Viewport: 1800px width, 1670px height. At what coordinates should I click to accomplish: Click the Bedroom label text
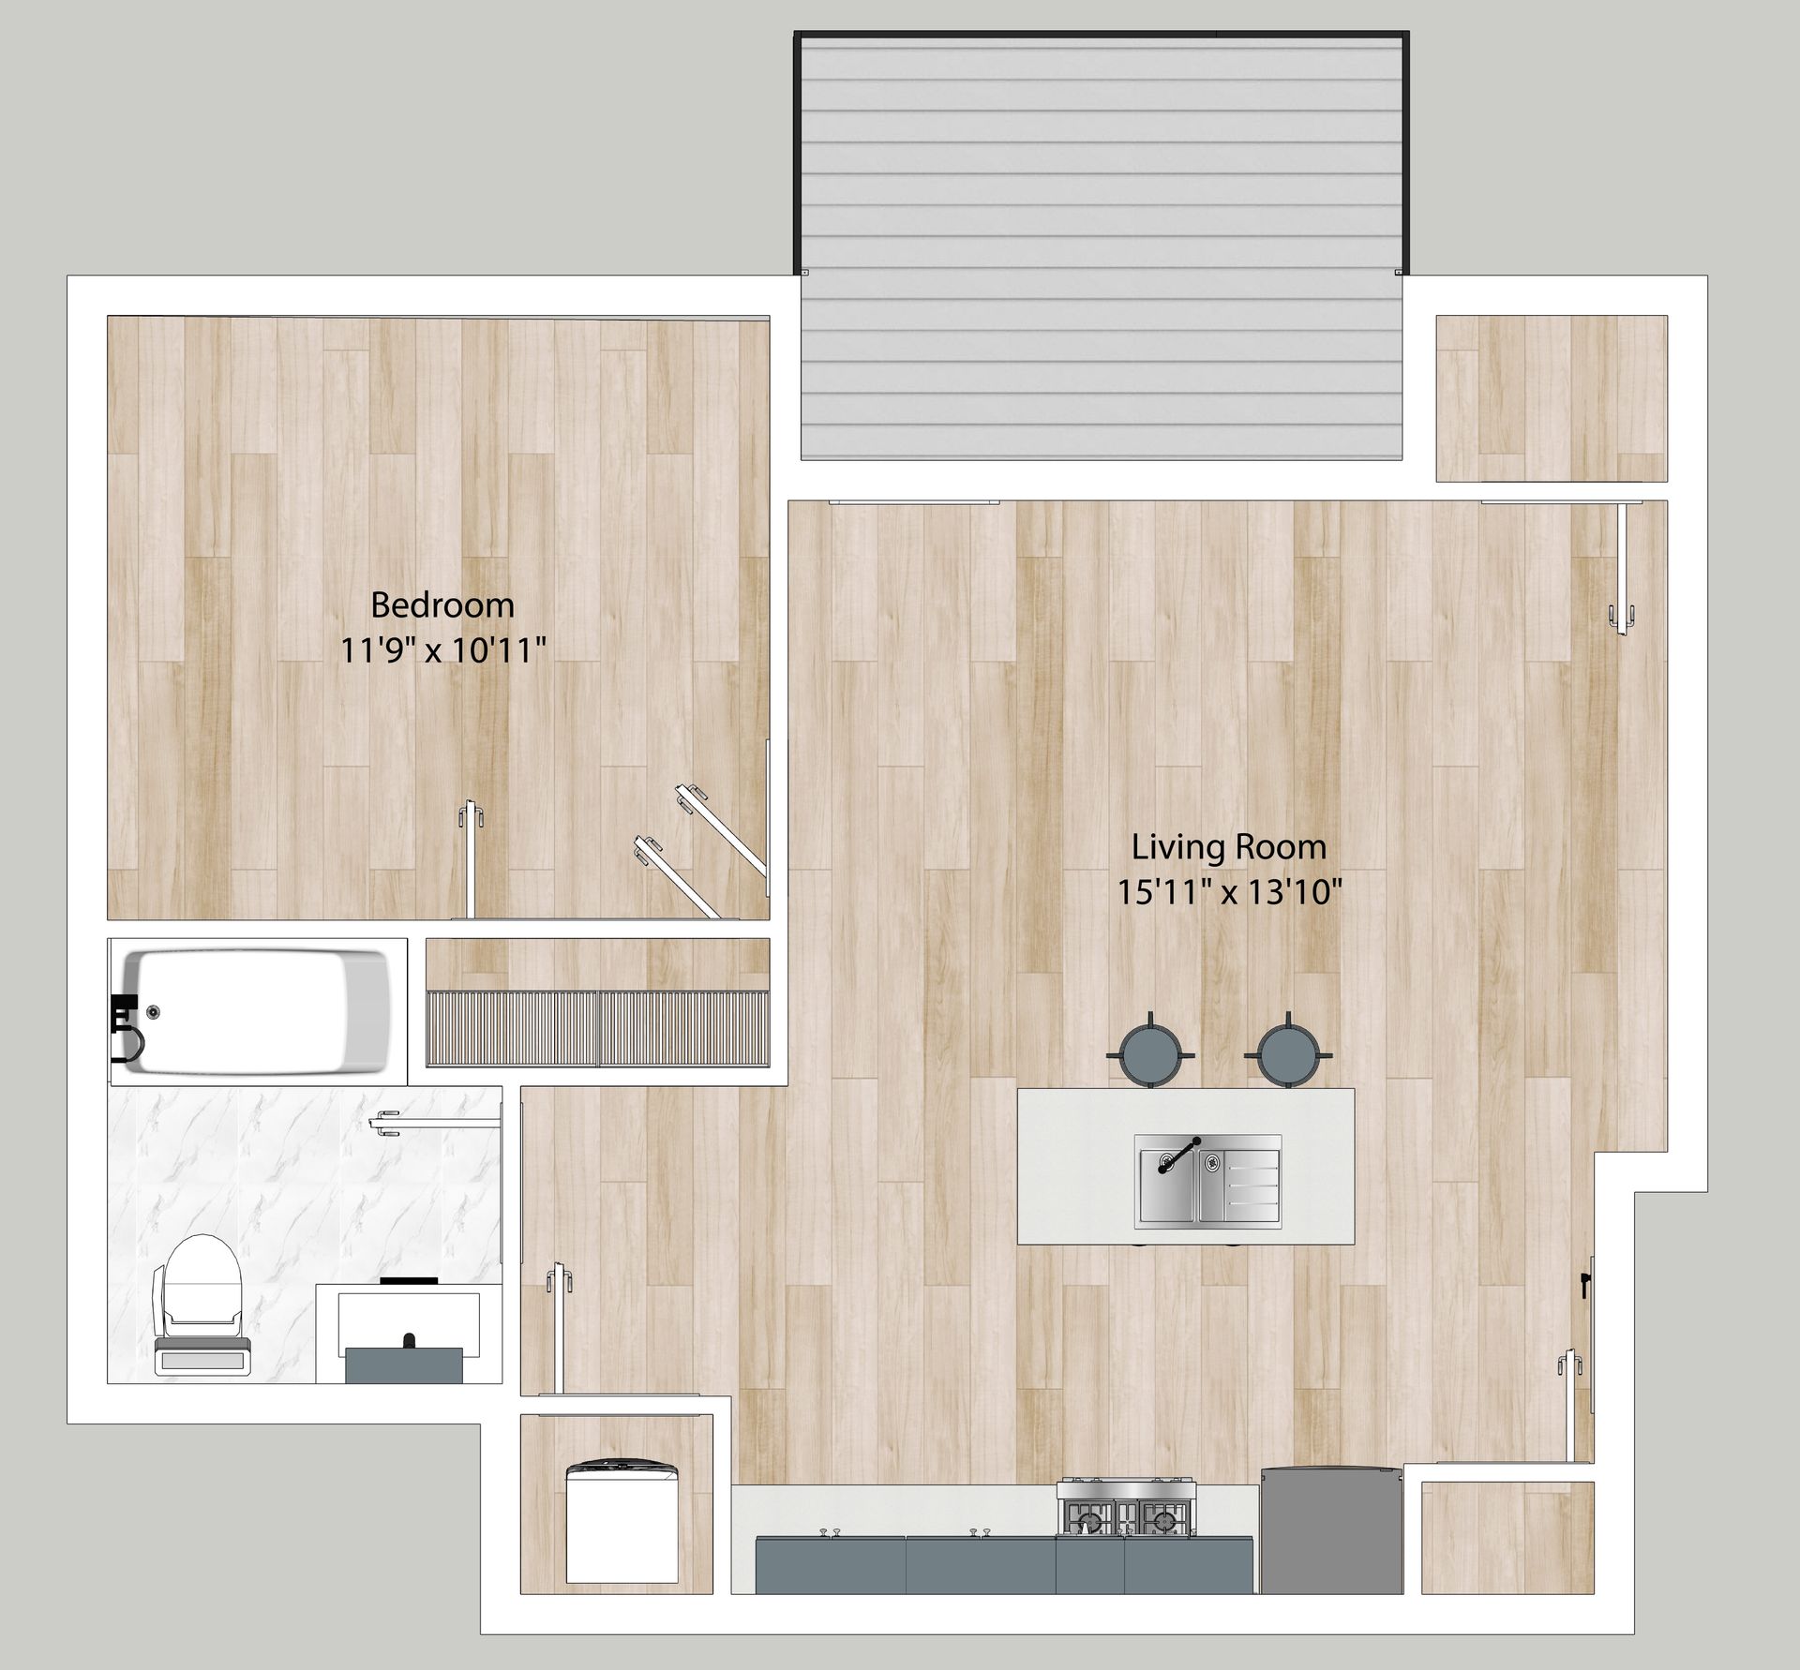coord(442,605)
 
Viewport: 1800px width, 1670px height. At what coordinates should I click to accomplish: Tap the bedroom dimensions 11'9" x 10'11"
coord(442,649)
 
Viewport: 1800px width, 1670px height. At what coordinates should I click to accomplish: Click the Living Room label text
coord(1229,848)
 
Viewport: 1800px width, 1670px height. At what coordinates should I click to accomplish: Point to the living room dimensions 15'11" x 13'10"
coord(1229,892)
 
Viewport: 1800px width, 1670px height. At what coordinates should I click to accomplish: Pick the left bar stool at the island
coord(1151,1052)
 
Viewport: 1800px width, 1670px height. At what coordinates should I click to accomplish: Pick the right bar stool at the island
coord(1291,1052)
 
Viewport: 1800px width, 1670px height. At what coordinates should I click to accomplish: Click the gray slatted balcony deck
coord(1102,246)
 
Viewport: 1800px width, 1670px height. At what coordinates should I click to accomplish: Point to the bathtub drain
coord(153,1010)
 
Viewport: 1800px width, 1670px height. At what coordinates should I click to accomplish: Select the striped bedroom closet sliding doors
coord(598,1029)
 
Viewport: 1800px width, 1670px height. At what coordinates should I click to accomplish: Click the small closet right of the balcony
coord(1552,399)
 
